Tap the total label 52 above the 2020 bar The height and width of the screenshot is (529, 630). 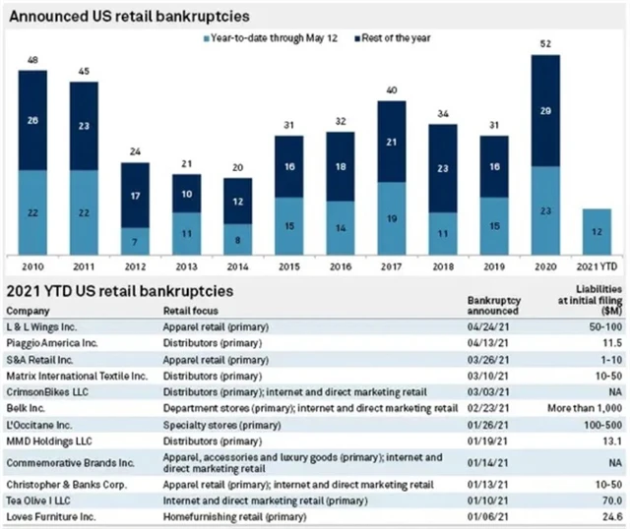[x=545, y=45]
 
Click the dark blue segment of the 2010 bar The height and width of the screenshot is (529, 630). [x=32, y=120]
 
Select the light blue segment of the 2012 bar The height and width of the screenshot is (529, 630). [x=135, y=241]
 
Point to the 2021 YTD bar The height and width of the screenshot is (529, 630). [x=597, y=231]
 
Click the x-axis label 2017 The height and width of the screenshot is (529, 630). [x=391, y=265]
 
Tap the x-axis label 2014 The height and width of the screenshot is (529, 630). [x=237, y=265]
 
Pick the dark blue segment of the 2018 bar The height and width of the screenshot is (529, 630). [x=443, y=168]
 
